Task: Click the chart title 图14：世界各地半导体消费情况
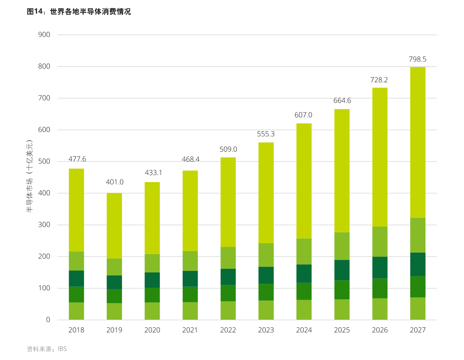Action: coord(79,12)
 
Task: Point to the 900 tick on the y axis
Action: coord(44,35)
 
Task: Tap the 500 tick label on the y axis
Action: coord(44,162)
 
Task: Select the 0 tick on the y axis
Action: coord(48,320)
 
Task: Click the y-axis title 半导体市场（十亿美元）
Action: coord(30,176)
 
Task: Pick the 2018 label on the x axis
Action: coord(76,330)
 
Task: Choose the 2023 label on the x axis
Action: coord(266,330)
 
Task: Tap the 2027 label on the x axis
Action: coord(418,330)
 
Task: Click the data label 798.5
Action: coord(418,59)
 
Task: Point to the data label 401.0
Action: coord(115,182)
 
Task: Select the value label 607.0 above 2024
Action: coord(303,115)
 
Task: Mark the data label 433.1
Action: coord(153,173)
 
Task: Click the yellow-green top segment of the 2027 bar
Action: coord(418,142)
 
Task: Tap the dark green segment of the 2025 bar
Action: coord(342,270)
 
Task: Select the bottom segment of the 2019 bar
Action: coord(114,311)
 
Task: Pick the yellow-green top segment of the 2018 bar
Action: coord(76,210)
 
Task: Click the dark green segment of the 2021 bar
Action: coord(190,279)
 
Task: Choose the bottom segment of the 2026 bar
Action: coord(380,309)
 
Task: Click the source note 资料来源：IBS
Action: coord(47,349)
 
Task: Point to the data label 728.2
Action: coord(379,80)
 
